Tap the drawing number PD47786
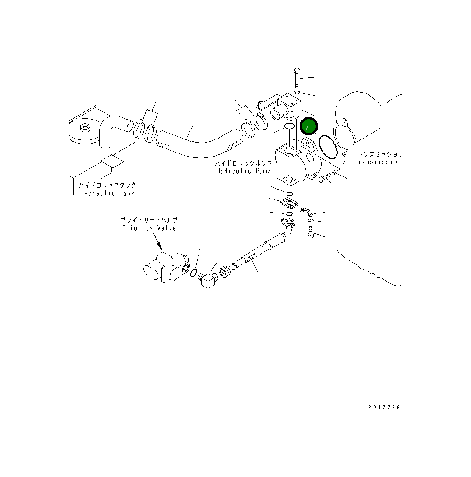click(x=383, y=408)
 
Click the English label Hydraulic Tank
click(x=107, y=193)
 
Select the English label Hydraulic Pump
click(x=244, y=171)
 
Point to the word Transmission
click(x=377, y=162)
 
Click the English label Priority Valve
click(x=149, y=228)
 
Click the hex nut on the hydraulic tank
click(x=83, y=128)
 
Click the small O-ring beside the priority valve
click(x=194, y=273)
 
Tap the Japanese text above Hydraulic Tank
click(x=107, y=185)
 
